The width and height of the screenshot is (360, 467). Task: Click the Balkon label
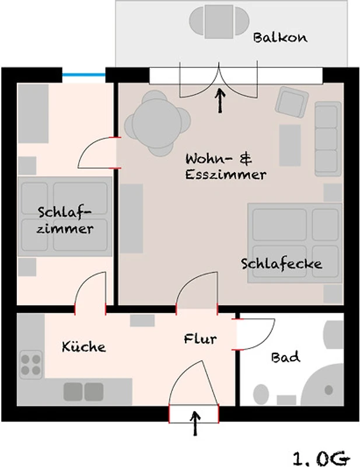pyautogui.click(x=280, y=38)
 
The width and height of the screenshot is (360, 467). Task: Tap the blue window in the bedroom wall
pyautogui.click(x=83, y=75)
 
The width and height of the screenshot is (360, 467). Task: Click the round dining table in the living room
pyautogui.click(x=157, y=123)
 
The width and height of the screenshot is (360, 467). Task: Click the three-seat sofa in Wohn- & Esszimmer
pyautogui.click(x=328, y=139)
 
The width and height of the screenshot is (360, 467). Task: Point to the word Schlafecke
pyautogui.click(x=281, y=264)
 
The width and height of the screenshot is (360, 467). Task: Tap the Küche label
pyautogui.click(x=83, y=347)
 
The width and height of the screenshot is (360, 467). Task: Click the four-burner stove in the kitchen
pyautogui.click(x=31, y=364)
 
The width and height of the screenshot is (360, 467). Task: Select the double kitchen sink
pyautogui.click(x=83, y=391)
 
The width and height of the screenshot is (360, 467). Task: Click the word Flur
pyautogui.click(x=200, y=339)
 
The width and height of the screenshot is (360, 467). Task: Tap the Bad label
pyautogui.click(x=285, y=357)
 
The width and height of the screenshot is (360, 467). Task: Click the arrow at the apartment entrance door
pyautogui.click(x=195, y=423)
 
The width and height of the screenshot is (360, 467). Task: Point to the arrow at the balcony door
pyautogui.click(x=220, y=100)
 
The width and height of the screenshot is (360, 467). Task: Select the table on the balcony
pyautogui.click(x=219, y=22)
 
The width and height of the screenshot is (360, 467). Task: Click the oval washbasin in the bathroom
pyautogui.click(x=261, y=395)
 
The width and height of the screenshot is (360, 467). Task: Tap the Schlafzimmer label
pyautogui.click(x=65, y=221)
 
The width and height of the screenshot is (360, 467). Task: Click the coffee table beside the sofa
pyautogui.click(x=290, y=145)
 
